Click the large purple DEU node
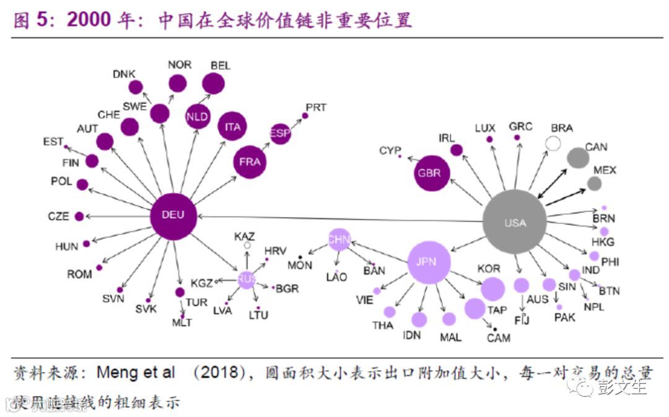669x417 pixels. [173, 216]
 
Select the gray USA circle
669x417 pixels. [515, 222]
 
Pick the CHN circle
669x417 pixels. [339, 239]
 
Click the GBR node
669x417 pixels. [431, 173]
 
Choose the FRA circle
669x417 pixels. [250, 162]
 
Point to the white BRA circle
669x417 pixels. [553, 144]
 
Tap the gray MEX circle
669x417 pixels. [594, 183]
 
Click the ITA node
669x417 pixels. [232, 127]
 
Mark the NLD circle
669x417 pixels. [198, 116]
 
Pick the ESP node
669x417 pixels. [280, 133]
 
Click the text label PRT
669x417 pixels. [316, 108]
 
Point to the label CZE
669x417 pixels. [59, 217]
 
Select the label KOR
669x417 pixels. [489, 269]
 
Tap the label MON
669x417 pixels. [300, 266]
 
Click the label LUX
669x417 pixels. [485, 128]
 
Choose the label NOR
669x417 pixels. [180, 64]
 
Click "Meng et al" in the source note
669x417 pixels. [136, 373]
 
